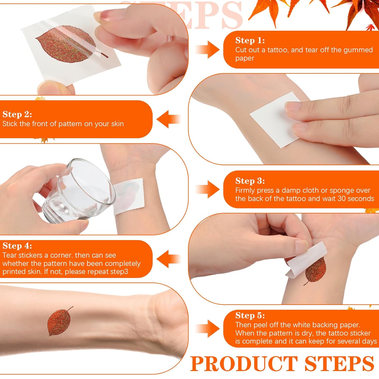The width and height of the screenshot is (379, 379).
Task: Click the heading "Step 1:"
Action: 250,40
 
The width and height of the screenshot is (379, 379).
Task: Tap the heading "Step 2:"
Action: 17,114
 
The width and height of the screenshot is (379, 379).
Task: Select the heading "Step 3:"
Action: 250,181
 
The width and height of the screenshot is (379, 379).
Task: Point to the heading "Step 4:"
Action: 17,246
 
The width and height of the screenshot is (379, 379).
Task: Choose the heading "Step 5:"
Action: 250,316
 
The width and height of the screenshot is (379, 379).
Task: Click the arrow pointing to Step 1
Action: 208,50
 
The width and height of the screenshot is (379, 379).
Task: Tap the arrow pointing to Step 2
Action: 169,119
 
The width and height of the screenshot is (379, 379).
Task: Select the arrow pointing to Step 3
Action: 208,189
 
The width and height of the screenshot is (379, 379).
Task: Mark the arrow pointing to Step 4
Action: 169,259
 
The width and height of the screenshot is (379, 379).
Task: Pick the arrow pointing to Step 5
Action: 208,329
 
